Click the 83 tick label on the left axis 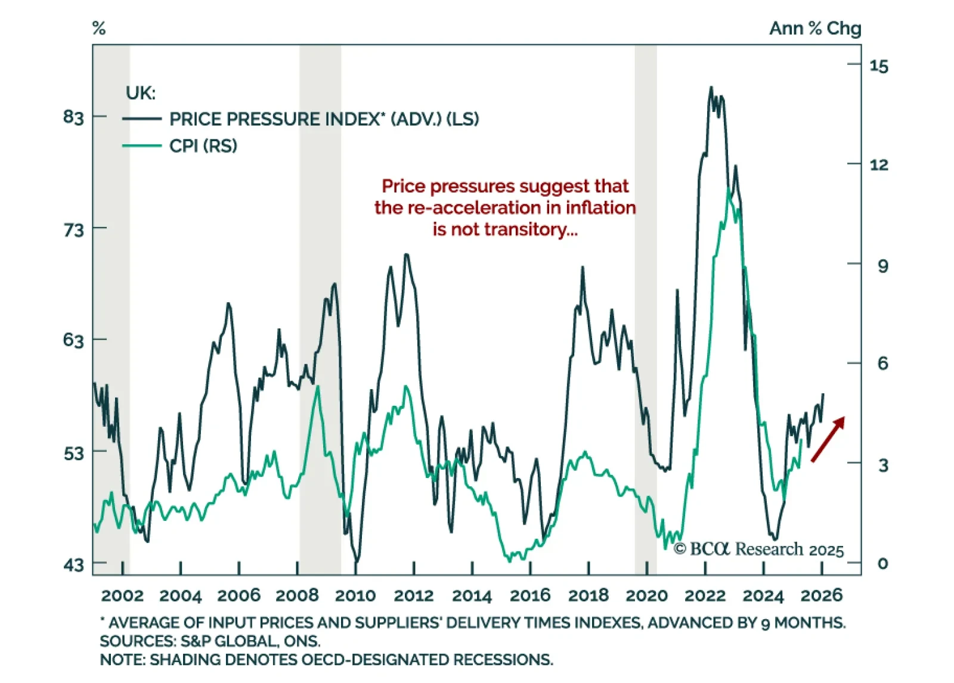pos(73,117)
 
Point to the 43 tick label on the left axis pos(73,564)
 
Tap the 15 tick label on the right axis pos(879,66)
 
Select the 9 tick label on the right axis pos(882,266)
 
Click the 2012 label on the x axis pos(414,595)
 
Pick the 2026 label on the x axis pos(821,595)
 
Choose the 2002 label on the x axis pos(122,595)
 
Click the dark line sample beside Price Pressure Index pos(141,119)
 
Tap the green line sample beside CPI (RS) pos(141,146)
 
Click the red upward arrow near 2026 pos(828,439)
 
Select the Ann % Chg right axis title pos(814,28)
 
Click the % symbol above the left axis pos(99,28)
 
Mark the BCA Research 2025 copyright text pos(758,549)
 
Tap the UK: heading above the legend pos(141,93)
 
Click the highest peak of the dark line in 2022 pos(711,88)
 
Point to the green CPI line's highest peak pos(729,190)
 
